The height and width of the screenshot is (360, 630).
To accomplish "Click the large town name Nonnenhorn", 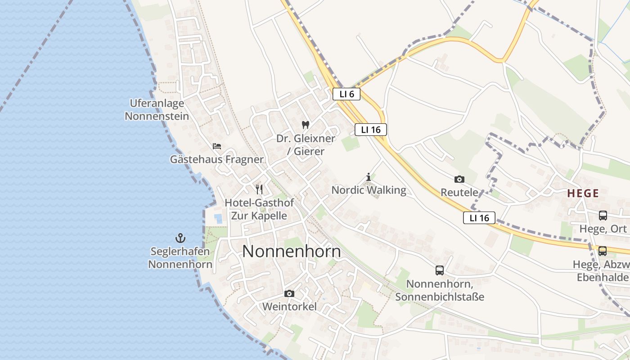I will coord(292,251).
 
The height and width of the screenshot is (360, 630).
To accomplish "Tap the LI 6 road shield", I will coord(346,94).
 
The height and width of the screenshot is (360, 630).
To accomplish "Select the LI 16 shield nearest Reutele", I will coord(479,218).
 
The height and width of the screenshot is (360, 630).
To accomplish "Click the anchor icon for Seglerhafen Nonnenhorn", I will coord(180,238).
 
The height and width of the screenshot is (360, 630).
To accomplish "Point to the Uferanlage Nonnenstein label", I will coord(157,110).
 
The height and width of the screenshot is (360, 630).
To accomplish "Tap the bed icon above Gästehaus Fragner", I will coord(217,146).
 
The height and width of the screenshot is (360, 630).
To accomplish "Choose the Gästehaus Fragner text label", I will coord(216,159).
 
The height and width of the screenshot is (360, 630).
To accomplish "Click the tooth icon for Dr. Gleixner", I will coord(306,125).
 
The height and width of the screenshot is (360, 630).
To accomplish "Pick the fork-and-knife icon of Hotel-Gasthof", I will coord(259,189).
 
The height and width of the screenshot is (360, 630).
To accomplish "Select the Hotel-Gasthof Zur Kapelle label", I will coord(259,209).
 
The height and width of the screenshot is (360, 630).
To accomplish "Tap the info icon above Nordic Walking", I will coord(369,177).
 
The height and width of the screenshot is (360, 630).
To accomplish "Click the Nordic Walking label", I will coord(369,190).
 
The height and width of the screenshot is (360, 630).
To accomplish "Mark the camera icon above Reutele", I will coord(459,179).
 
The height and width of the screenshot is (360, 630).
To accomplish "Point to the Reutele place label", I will coord(459,193).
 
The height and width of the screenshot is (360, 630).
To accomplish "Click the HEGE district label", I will coord(583,193).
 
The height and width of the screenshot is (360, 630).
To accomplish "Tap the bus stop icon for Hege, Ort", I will coord(603,216).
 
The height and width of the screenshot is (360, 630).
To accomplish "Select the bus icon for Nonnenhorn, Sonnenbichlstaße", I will coord(439,270).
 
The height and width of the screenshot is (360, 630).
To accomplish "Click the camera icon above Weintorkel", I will coord(289,294).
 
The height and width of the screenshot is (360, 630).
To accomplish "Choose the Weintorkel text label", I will coord(289,307).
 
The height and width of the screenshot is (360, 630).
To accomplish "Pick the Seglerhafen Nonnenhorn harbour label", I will coord(180,258).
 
